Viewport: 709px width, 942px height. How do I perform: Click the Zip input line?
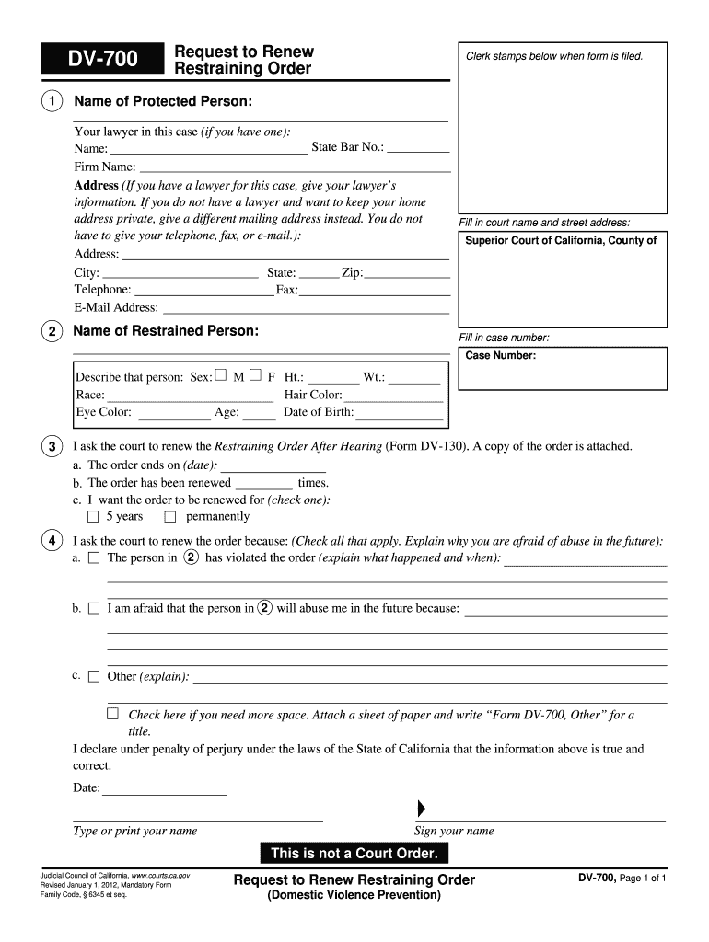(x=407, y=273)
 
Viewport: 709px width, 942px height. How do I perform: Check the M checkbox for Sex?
(x=221, y=375)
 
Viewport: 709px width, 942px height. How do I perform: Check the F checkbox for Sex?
(x=255, y=375)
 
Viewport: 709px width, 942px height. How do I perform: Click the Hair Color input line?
(x=393, y=396)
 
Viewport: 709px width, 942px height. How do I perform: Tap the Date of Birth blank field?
(x=399, y=413)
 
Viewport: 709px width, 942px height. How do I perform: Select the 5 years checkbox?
(x=92, y=517)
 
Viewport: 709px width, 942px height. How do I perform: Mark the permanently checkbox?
(x=169, y=517)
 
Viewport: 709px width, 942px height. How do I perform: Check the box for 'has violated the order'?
(x=93, y=558)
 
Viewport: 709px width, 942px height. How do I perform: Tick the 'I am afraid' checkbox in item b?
(x=93, y=609)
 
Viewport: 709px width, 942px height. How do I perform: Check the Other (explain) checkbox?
(x=93, y=677)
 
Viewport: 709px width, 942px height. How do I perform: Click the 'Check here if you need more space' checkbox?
(x=112, y=714)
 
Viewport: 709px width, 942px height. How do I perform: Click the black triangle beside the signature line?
(x=422, y=809)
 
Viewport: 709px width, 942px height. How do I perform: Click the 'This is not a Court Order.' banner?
(x=354, y=854)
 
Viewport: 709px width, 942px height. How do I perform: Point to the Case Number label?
(x=501, y=355)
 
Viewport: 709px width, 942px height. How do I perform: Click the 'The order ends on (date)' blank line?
(x=268, y=465)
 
